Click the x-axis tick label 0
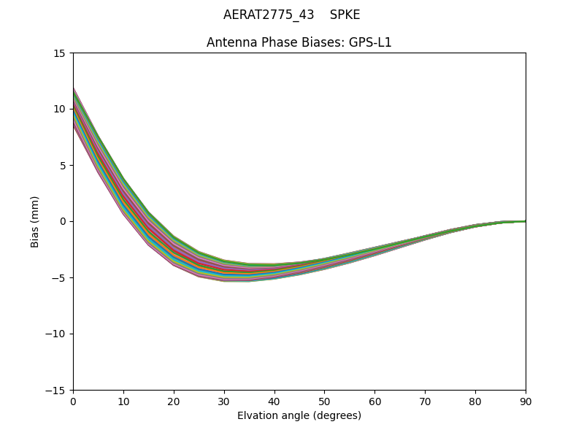tap(73, 401)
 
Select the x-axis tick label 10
tap(123, 401)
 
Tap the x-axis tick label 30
tap(224, 401)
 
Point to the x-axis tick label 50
tap(324, 401)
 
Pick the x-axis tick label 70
tap(425, 401)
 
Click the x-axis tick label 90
tap(526, 401)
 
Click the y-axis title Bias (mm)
tap(35, 221)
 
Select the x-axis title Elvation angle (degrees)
tap(299, 416)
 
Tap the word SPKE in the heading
tap(345, 15)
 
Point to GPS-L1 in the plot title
tap(372, 42)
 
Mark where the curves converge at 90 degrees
tap(525, 221)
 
